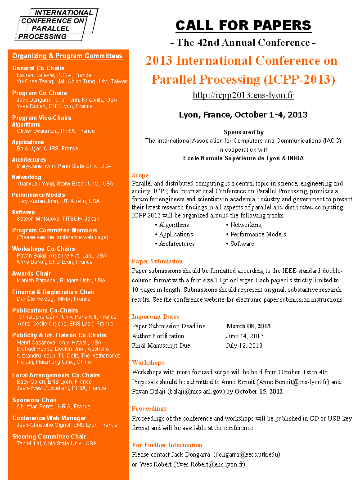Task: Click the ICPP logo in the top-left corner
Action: pos(56,24)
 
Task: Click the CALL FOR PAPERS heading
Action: pos(243,25)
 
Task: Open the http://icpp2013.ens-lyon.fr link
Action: pos(243,95)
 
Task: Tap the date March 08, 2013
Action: pos(248,326)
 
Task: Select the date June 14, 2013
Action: pos(245,336)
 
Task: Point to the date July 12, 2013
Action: pos(244,345)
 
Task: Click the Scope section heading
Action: pos(140,175)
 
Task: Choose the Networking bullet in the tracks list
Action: pos(246,225)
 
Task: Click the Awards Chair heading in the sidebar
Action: pos(31,273)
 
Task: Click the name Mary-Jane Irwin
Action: pos(36,166)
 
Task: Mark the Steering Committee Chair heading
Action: pos(49,436)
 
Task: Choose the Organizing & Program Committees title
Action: pos(67,56)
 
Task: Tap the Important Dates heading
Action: pos(155,317)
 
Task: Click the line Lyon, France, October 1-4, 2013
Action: pos(243,114)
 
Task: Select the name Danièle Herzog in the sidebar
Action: pos(36,299)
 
